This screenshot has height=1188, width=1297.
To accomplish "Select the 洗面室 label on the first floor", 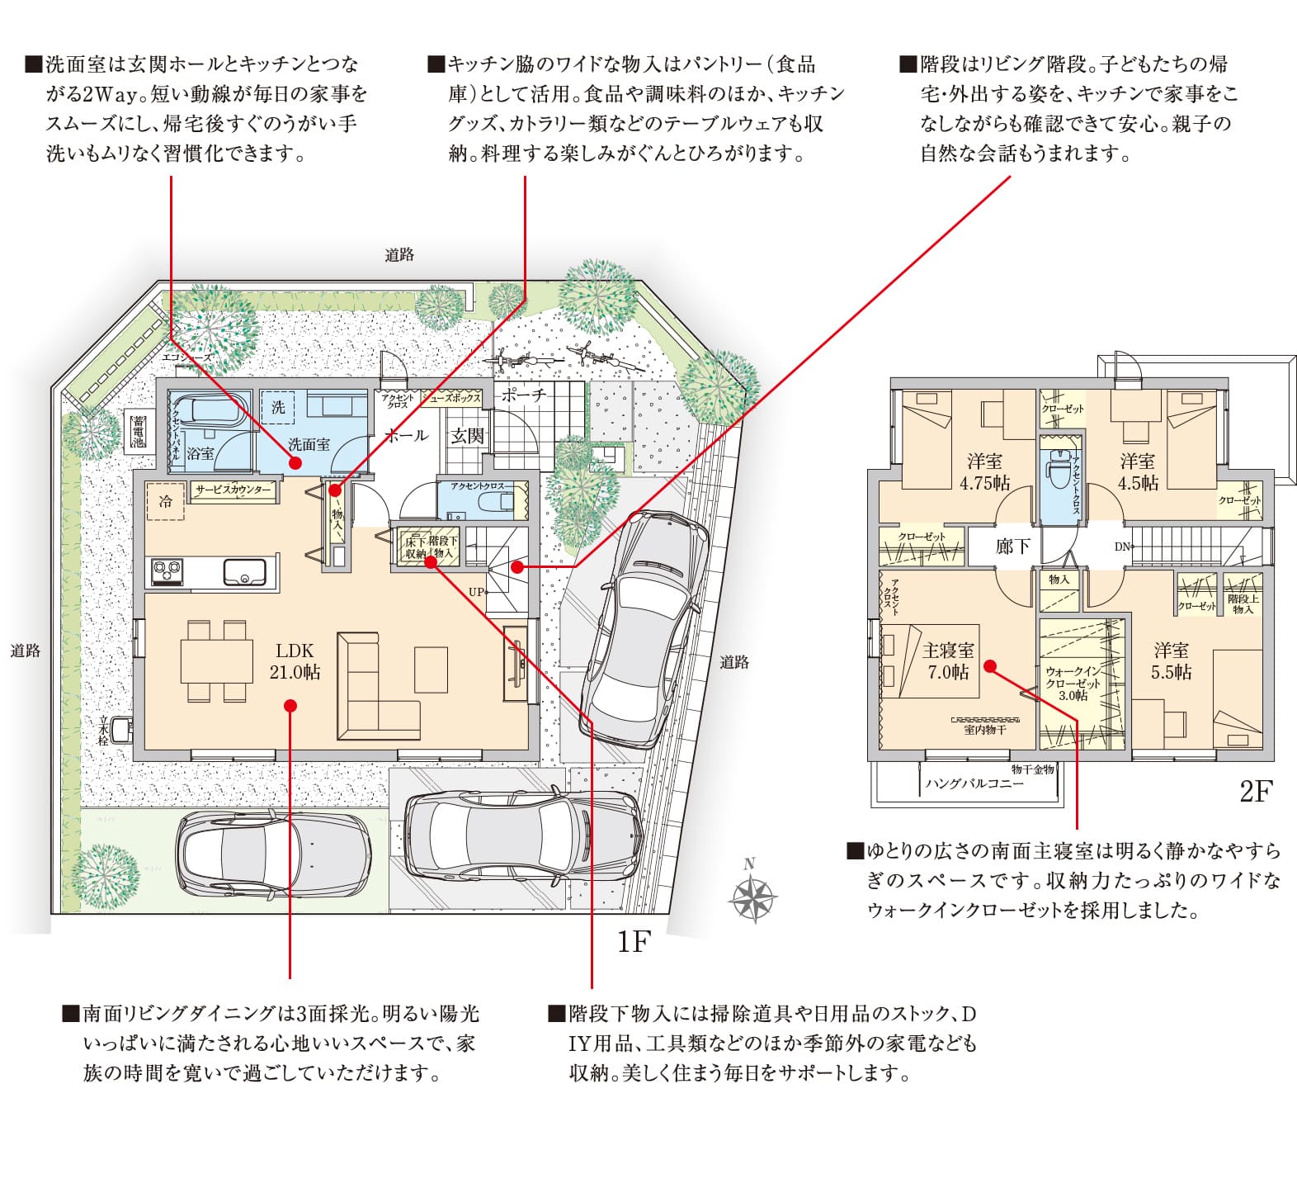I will tap(309, 444).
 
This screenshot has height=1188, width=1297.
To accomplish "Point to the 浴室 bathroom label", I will tap(200, 453).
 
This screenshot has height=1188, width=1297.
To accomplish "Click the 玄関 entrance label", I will tap(467, 436).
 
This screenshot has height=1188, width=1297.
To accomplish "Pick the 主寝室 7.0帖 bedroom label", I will tap(948, 661).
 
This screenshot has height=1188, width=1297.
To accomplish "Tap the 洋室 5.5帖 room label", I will tap(1172, 661).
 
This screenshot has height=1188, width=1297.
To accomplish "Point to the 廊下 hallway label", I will tap(1012, 547).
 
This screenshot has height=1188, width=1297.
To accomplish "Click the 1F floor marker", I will tap(634, 942).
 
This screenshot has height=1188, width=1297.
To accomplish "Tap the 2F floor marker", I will tap(1256, 792).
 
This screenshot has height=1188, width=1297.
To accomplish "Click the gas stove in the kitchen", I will tap(167, 571).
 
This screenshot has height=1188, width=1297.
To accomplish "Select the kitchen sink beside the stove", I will tap(244, 571).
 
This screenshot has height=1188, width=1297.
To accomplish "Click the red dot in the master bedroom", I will tap(990, 665).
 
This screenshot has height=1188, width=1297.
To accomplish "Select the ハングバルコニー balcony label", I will tap(974, 783).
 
